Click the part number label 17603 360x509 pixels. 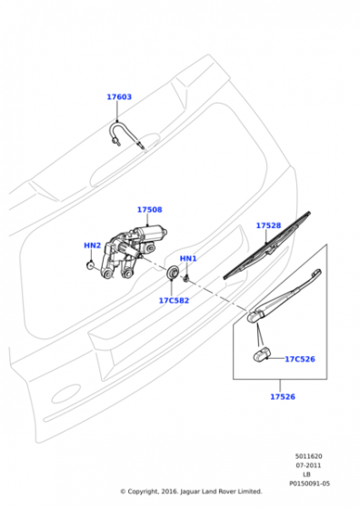click(119, 96)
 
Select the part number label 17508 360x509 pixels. click(150, 210)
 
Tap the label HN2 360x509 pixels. click(93, 245)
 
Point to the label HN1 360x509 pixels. click(188, 259)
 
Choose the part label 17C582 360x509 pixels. click(174, 301)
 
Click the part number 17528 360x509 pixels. click(268, 225)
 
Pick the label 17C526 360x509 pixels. click(300, 359)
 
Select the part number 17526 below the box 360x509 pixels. click(283, 396)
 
